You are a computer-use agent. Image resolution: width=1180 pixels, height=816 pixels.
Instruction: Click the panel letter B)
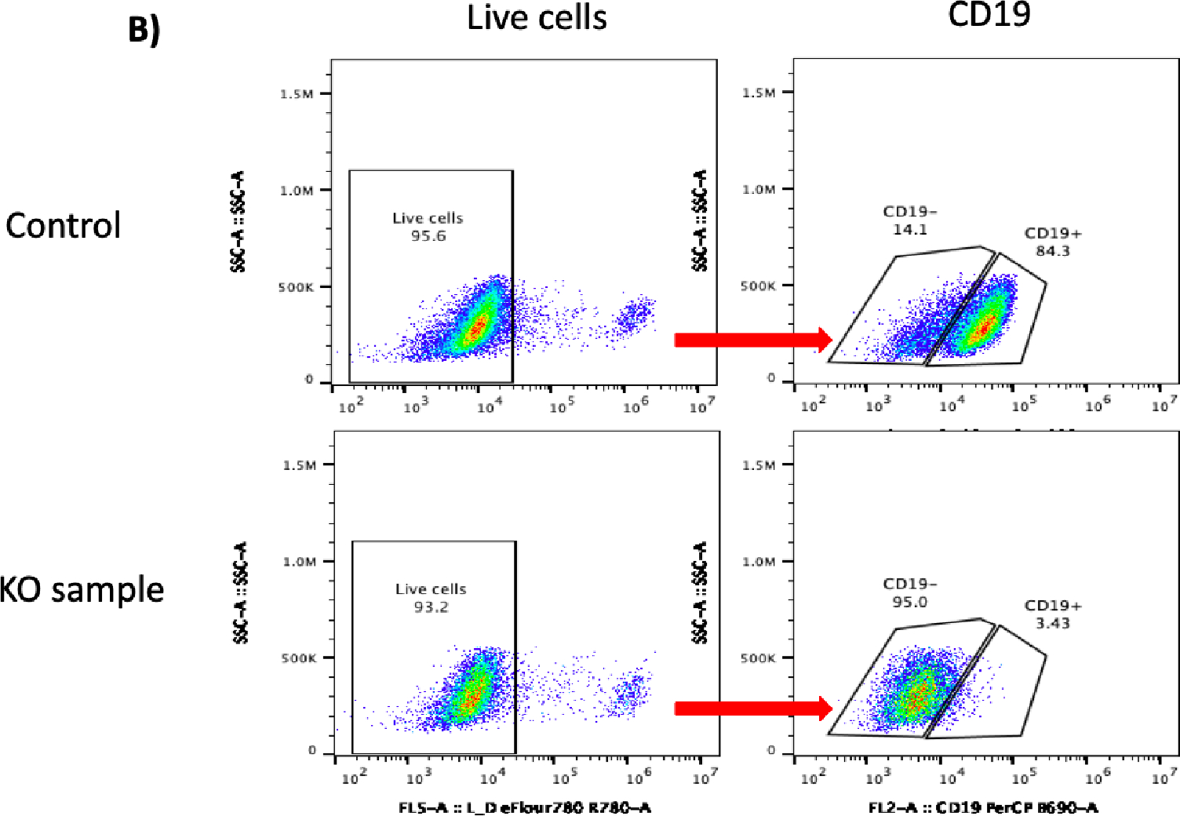(144, 30)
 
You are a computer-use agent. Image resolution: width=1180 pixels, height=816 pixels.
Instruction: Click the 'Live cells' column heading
(537, 18)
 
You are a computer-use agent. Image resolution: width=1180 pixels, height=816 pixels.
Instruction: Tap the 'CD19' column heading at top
(989, 14)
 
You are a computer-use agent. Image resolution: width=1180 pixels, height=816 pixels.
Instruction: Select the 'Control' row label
(64, 225)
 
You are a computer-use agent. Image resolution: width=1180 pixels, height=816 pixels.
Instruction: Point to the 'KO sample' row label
(82, 589)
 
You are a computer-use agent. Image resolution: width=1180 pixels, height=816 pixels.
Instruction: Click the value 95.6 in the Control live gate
(428, 236)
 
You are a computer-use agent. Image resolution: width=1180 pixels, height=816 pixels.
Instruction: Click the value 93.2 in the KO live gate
(432, 607)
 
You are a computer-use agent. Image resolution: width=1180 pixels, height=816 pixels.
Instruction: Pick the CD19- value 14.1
(910, 230)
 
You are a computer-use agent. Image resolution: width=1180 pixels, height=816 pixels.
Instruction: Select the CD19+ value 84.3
(1053, 251)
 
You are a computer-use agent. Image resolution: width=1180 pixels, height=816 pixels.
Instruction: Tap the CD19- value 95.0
(910, 603)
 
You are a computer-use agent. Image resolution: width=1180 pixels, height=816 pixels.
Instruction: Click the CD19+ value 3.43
(1053, 624)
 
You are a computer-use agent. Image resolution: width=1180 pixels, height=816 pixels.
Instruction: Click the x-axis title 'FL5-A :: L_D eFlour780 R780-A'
(525, 807)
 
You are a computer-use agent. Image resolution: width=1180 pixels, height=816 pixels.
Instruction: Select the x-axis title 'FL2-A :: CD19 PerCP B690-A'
(983, 807)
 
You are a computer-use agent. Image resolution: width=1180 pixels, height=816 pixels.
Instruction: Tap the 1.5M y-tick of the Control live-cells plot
(297, 94)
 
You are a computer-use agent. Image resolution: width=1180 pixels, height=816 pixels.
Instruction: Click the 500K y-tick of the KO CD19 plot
(758, 658)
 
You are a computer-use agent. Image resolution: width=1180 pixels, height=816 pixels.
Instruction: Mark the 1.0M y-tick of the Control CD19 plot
(759, 189)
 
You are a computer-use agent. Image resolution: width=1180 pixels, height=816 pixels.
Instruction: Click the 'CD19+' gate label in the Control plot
(1053, 233)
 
